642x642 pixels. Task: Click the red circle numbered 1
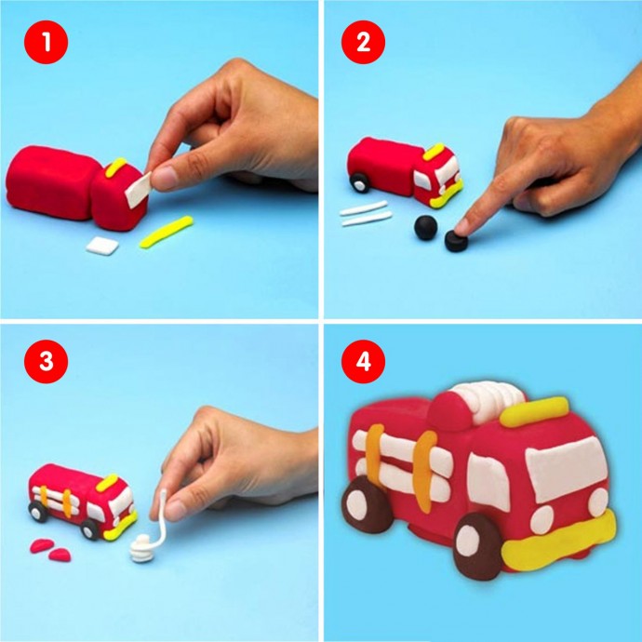point(47,42)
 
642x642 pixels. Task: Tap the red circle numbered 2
point(363,42)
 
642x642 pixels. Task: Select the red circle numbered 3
point(47,362)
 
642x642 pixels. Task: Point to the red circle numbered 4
point(363,362)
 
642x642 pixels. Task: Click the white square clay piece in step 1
point(102,246)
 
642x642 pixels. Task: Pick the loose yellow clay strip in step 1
point(167,233)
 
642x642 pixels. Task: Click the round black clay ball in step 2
point(426,227)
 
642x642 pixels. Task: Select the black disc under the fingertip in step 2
point(456,241)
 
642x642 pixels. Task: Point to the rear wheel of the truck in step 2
point(359,182)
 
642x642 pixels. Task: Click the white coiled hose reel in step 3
point(141,548)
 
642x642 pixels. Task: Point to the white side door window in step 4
point(488,482)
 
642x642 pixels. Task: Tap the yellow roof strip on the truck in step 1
point(116,167)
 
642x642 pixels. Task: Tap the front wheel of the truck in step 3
point(89,529)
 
